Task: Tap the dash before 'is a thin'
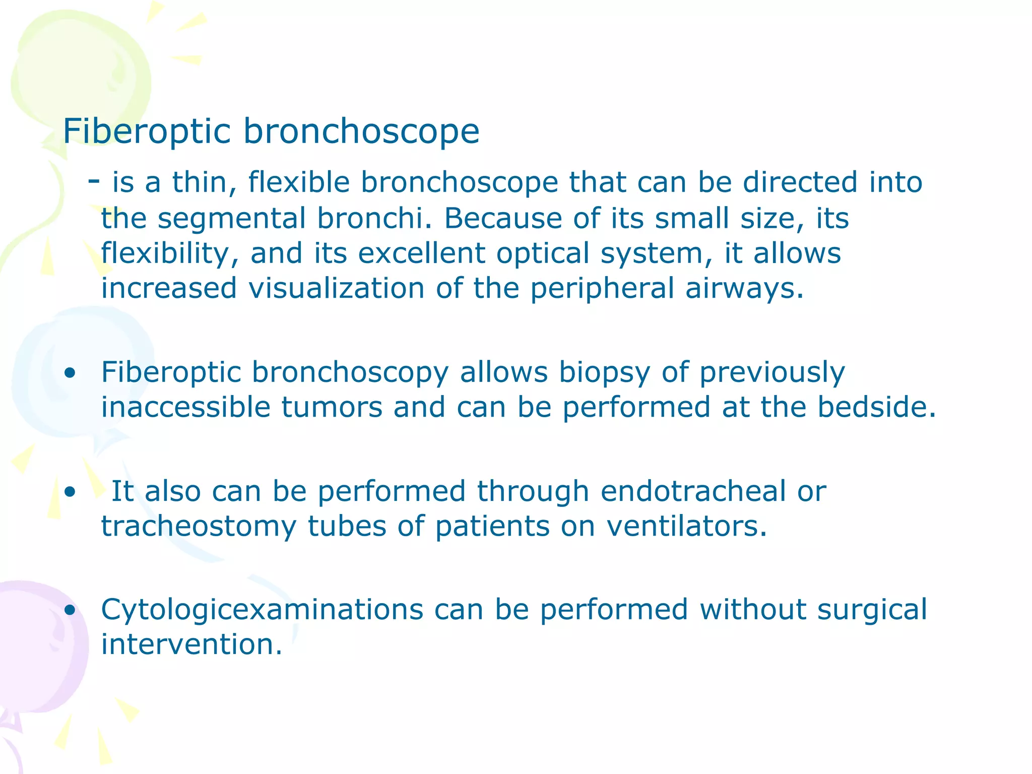click(94, 179)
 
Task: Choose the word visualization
click(336, 288)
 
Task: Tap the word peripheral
click(602, 289)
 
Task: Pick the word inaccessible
click(185, 407)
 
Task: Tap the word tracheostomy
click(199, 527)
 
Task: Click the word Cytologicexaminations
click(262, 610)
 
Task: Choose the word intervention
click(191, 644)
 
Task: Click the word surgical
click(871, 610)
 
